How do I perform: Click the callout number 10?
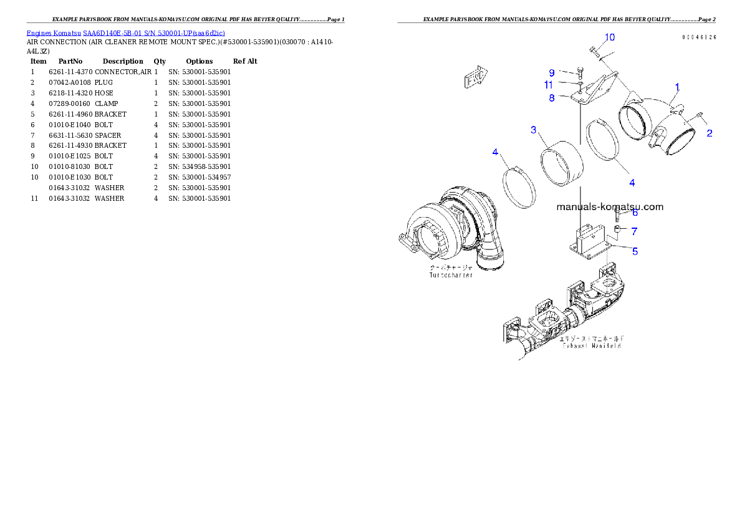(609, 37)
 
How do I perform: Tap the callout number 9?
(552, 73)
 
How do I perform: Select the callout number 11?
(548, 85)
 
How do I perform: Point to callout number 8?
(552, 98)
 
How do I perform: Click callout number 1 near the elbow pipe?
(677, 87)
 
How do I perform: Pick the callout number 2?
(710, 133)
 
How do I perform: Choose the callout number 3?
(534, 130)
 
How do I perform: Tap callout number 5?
(635, 251)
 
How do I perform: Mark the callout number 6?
(635, 213)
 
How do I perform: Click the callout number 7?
(634, 231)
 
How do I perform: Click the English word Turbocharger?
(451, 275)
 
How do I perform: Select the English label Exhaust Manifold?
(590, 345)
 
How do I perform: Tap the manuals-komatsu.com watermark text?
(609, 207)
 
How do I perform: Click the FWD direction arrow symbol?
(475, 78)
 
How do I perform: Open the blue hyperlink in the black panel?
(125, 32)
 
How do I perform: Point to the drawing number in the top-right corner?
(698, 37)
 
